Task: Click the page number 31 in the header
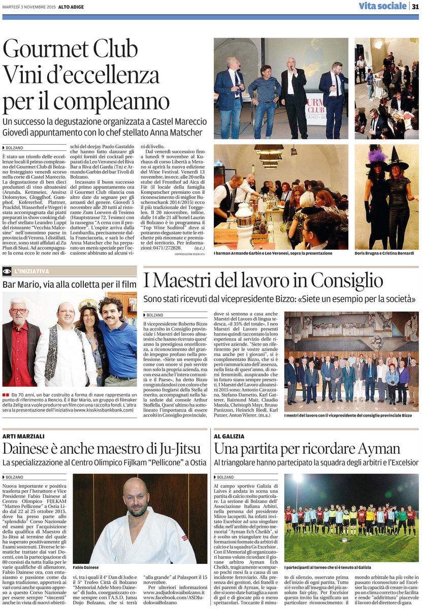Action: (415, 6)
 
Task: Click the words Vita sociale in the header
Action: (382, 6)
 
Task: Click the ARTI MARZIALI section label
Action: (24, 436)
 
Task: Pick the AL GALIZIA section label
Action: (231, 436)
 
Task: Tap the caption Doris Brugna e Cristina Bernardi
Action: (383, 253)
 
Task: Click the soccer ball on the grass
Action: (344, 540)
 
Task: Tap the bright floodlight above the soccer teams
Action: (298, 478)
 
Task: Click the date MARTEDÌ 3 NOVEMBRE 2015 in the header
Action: (26, 6)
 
